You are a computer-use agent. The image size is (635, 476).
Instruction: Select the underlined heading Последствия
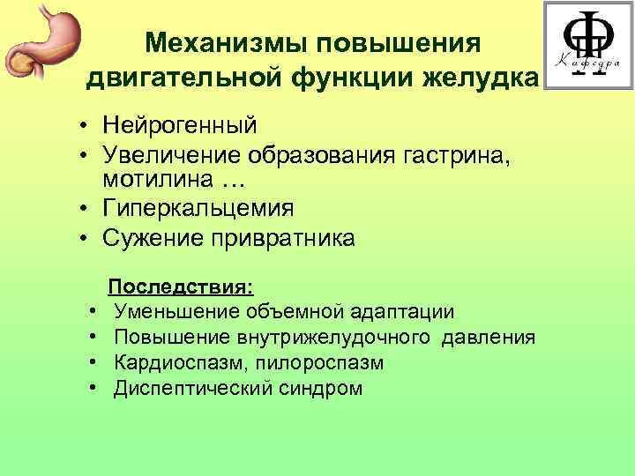(x=181, y=287)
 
